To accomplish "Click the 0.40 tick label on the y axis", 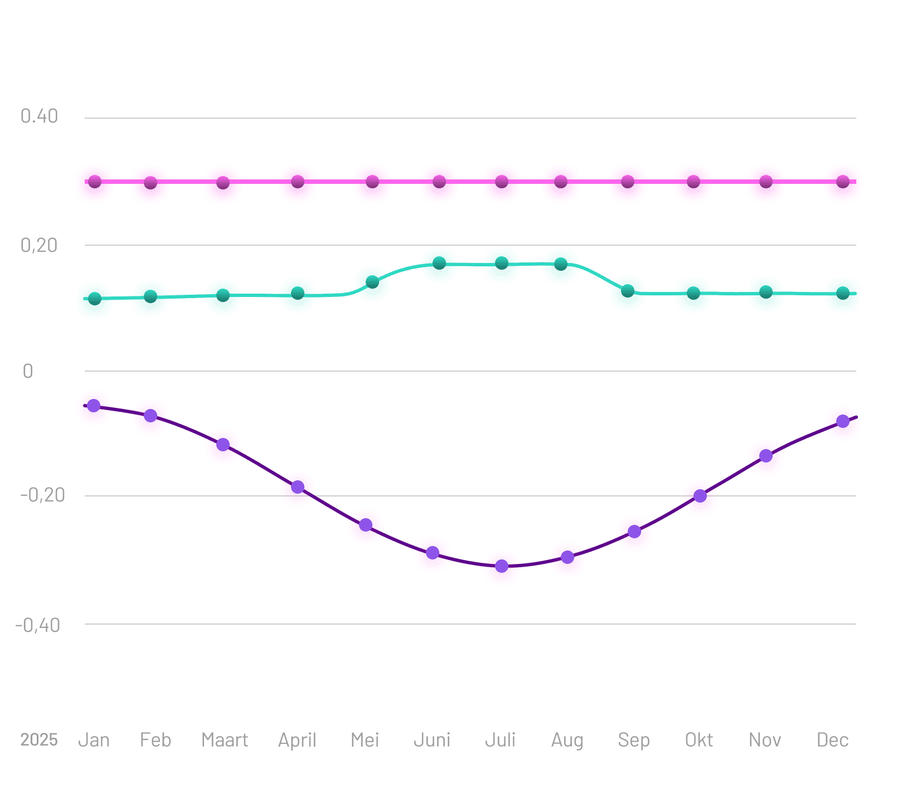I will tap(39, 116).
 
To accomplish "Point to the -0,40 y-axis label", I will tap(37, 625).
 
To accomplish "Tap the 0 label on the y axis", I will tap(28, 371).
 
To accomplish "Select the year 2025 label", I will tap(39, 740).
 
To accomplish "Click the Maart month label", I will tap(225, 740).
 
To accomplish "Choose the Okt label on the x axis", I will tap(699, 740).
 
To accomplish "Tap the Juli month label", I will tap(500, 740).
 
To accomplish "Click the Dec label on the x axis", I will tap(832, 740).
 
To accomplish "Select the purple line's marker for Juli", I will tap(502, 566).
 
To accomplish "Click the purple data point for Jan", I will tap(94, 406).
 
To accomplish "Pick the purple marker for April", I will tap(298, 487).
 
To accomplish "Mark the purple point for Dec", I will tap(843, 421).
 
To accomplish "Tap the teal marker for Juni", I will tap(439, 263).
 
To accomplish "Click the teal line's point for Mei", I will tap(372, 282).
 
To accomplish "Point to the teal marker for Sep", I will tap(628, 291).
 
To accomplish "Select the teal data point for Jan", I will tap(95, 299).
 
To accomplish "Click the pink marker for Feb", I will tap(151, 183).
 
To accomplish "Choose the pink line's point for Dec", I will tap(843, 182).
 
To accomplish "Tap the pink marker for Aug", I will tap(561, 182).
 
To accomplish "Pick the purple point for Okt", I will tap(700, 496).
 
